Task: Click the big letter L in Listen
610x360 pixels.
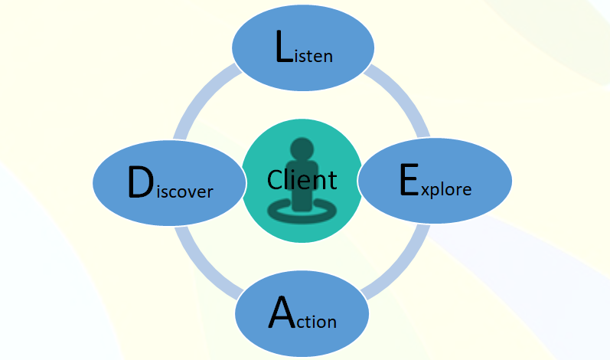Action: (283, 48)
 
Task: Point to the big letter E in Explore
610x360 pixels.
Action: (409, 182)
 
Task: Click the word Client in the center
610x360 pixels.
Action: (302, 180)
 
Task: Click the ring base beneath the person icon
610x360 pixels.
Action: (302, 215)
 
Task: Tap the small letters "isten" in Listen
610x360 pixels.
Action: (314, 56)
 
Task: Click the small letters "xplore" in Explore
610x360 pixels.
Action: (446, 189)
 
